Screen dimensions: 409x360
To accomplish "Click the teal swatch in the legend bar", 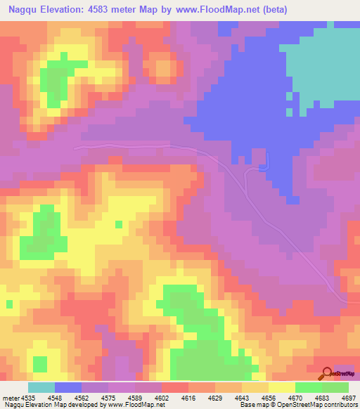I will [x=41, y=387].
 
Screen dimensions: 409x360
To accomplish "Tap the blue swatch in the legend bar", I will [x=68, y=387].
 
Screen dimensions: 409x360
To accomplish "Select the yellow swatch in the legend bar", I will [x=282, y=387].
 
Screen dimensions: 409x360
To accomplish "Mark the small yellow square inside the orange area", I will [x=118, y=224].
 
